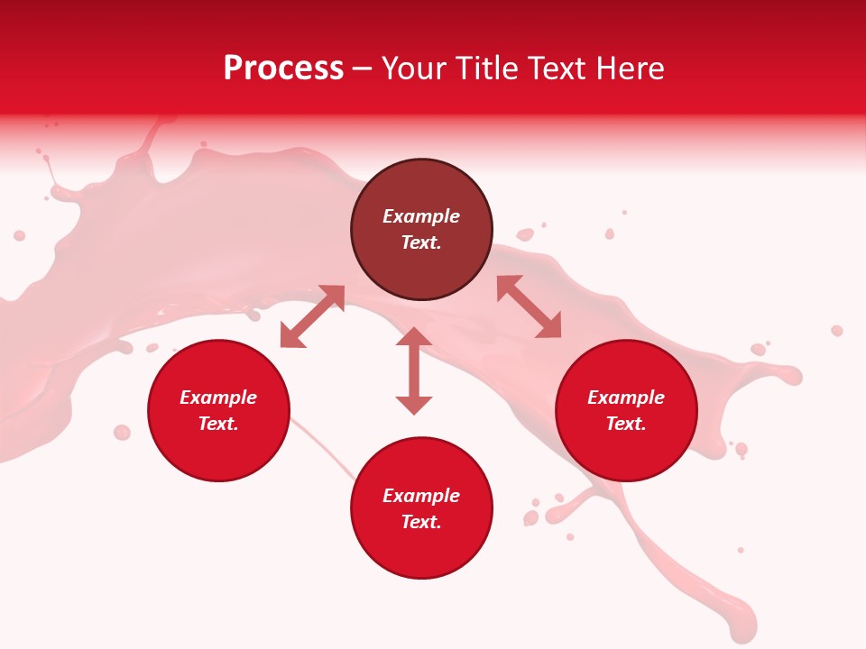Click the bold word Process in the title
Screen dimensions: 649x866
tap(283, 69)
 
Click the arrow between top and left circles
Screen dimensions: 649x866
tap(312, 316)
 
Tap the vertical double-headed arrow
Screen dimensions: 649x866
tap(414, 371)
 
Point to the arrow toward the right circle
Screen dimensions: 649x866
tap(530, 306)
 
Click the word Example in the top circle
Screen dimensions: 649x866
tap(421, 216)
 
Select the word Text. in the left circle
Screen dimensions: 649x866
tap(218, 424)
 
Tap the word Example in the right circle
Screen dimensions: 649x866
tap(626, 398)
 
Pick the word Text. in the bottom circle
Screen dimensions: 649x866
tap(421, 522)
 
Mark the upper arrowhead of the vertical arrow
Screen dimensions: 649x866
tap(414, 337)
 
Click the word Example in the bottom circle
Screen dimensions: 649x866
tap(421, 496)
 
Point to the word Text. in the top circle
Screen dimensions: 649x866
tap(421, 242)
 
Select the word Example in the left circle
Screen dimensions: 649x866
tap(218, 398)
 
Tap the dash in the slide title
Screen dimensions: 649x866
tap(363, 69)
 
